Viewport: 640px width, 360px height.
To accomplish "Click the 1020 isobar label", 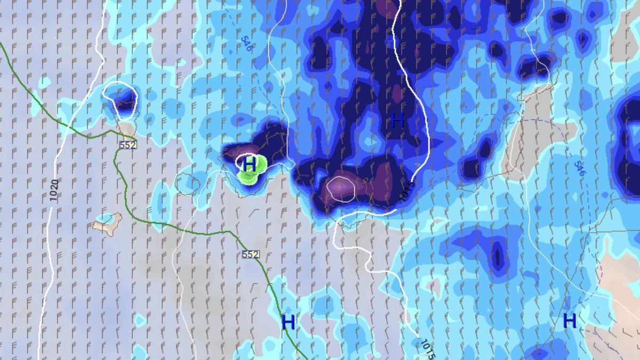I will [54, 190].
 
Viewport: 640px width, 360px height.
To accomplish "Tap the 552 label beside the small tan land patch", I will [128, 145].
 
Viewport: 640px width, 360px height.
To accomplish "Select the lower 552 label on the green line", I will [250, 254].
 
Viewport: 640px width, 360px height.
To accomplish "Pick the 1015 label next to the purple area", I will [406, 190].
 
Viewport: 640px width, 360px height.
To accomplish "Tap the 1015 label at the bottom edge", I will [427, 349].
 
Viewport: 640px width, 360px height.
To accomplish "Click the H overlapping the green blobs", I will [249, 164].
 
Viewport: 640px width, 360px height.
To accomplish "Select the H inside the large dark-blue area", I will [397, 121].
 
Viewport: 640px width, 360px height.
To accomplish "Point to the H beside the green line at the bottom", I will [288, 322].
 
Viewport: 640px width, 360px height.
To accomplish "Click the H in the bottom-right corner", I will [570, 321].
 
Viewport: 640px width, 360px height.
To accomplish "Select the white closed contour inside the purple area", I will [341, 189].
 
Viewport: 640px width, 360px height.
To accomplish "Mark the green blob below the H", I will [247, 178].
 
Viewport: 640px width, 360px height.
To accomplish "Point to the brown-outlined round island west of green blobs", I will [188, 185].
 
